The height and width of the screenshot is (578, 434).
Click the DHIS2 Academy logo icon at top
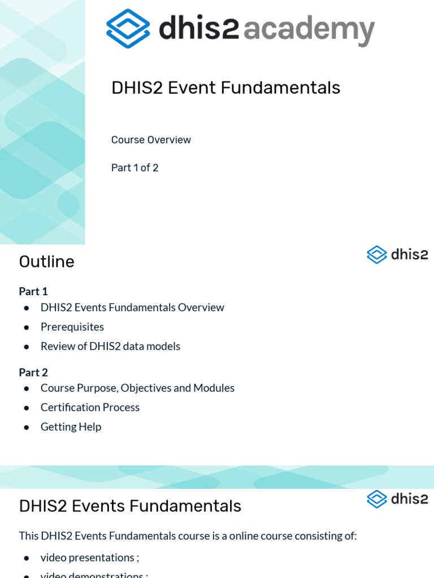(128, 28)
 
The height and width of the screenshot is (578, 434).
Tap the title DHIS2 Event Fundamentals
(225, 87)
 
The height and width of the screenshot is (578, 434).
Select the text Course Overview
(151, 140)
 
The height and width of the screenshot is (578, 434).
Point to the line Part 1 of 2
(134, 168)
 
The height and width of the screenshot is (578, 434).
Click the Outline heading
(46, 262)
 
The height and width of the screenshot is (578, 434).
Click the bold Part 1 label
(33, 291)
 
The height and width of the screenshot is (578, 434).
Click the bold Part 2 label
(33, 373)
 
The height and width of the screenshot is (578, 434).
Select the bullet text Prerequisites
(72, 327)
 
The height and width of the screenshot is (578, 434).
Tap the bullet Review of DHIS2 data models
(110, 346)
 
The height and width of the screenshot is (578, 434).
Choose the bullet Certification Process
(90, 408)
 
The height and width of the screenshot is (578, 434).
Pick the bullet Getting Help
(71, 427)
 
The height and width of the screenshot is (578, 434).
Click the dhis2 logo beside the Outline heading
(397, 255)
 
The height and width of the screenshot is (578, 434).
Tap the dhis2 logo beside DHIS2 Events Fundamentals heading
(397, 499)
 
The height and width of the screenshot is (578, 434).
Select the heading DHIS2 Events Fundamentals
(130, 506)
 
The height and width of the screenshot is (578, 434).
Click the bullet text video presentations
(87, 558)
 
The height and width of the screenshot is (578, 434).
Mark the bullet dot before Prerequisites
(27, 327)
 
